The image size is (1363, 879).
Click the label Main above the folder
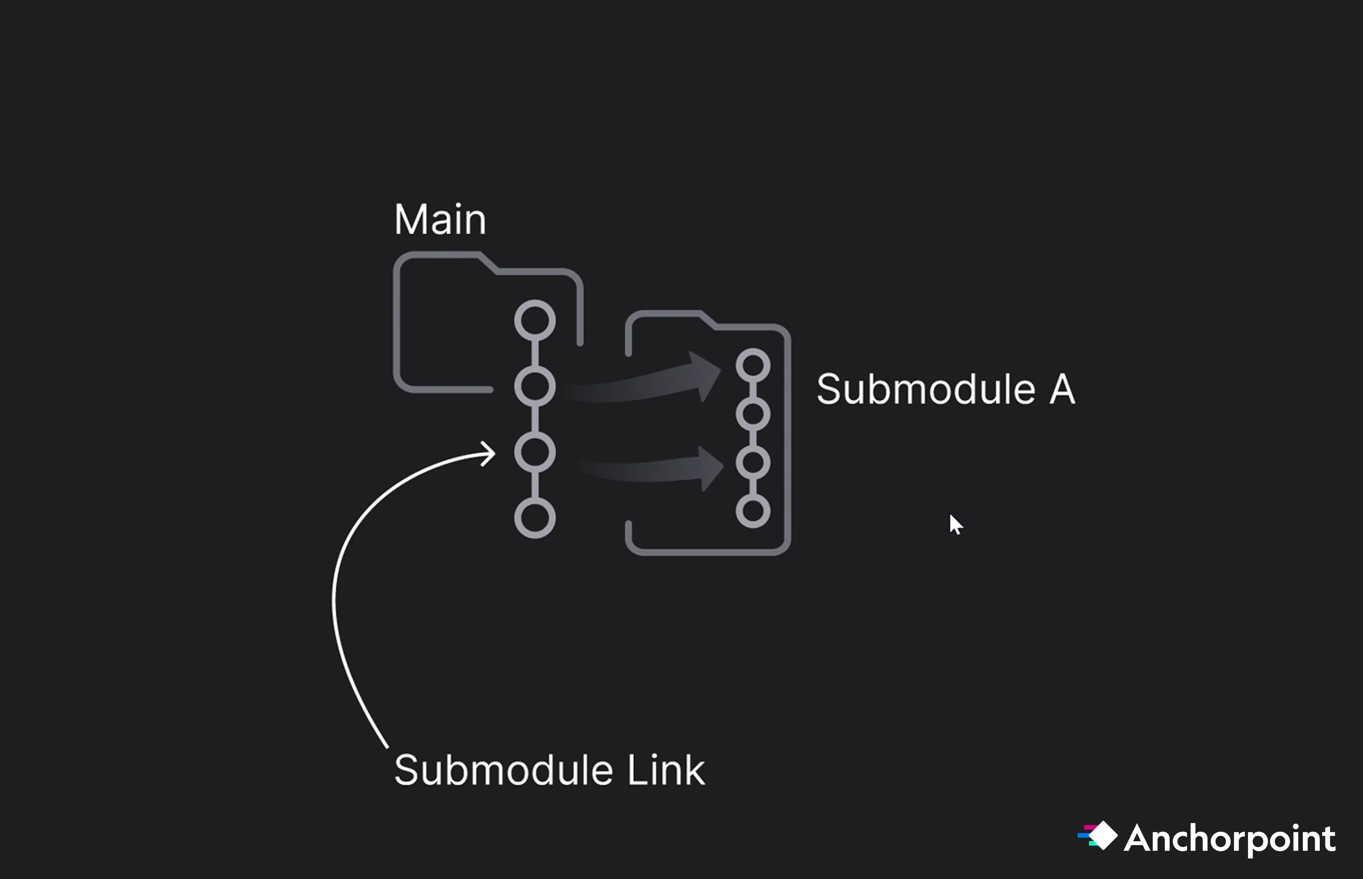point(440,219)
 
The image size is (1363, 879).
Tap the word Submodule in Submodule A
point(926,389)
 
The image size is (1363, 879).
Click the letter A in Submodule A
point(1062,389)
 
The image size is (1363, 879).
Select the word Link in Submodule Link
point(666,770)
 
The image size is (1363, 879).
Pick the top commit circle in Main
point(535,320)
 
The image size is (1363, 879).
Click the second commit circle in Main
point(535,386)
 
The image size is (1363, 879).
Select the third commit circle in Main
point(535,453)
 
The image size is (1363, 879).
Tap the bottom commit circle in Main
point(535,518)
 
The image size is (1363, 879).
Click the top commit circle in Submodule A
point(753,365)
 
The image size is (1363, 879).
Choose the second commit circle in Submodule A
point(753,414)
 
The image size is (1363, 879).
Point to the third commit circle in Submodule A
point(753,463)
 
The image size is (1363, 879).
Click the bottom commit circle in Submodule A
point(753,511)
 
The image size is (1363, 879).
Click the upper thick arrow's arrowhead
point(706,376)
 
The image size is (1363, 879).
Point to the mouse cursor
point(955,524)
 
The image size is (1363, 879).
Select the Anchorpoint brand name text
point(1230,839)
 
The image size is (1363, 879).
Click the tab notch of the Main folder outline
point(488,262)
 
